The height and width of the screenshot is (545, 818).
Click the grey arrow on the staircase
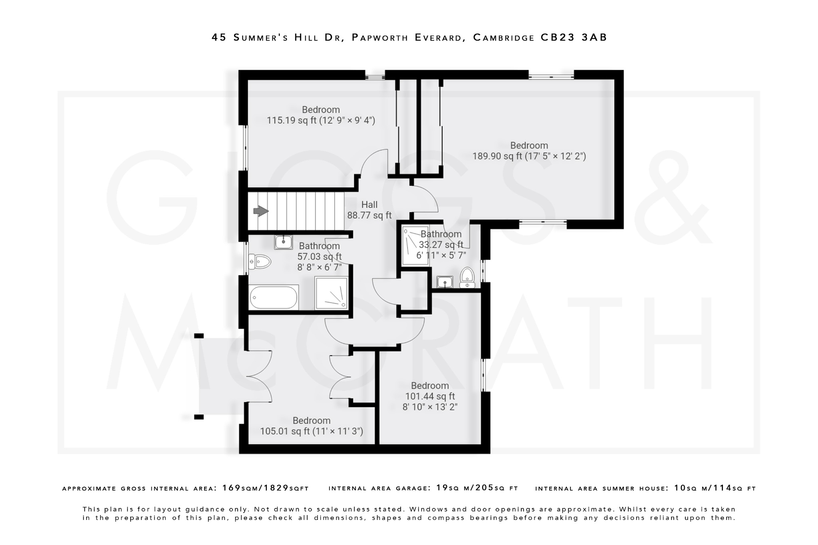(x=261, y=211)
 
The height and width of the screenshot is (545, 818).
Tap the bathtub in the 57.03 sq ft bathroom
(x=274, y=298)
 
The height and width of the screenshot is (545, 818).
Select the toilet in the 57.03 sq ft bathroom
(x=260, y=262)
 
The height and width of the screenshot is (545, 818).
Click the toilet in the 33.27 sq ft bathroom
(x=467, y=277)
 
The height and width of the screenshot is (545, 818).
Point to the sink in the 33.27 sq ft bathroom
(x=444, y=282)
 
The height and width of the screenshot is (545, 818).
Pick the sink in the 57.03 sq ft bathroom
(x=283, y=242)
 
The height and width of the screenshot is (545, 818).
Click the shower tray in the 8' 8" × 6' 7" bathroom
(x=331, y=293)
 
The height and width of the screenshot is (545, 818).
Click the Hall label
(x=369, y=205)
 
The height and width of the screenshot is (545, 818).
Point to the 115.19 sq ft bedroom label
(x=321, y=110)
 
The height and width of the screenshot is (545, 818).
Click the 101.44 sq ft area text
(x=430, y=396)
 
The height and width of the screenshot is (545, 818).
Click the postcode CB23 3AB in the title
(x=574, y=38)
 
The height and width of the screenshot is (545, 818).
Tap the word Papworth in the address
(x=380, y=38)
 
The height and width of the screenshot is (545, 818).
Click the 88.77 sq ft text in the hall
(x=369, y=216)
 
